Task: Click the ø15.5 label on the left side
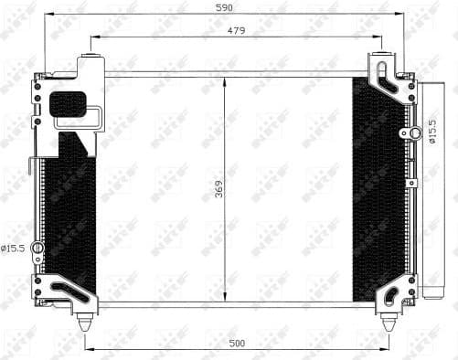15,249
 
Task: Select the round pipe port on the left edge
37,249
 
